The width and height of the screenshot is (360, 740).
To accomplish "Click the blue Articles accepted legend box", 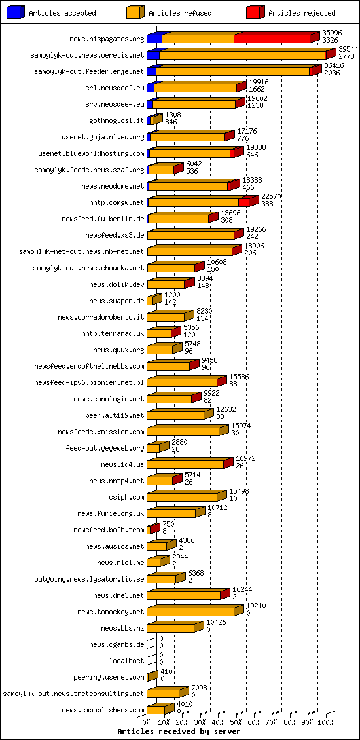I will (x=16, y=12).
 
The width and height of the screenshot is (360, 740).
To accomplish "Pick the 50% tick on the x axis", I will (x=236, y=722).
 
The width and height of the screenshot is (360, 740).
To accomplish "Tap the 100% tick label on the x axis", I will (x=325, y=722).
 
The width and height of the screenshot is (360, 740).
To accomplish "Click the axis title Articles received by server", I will (x=179, y=731).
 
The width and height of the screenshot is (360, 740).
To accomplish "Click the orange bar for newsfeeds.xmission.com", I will (x=183, y=432).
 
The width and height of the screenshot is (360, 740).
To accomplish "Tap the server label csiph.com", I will (x=127, y=497).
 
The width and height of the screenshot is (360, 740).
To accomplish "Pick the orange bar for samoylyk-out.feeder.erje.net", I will (x=232, y=71).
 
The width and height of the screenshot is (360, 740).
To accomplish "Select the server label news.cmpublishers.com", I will (x=103, y=710).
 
